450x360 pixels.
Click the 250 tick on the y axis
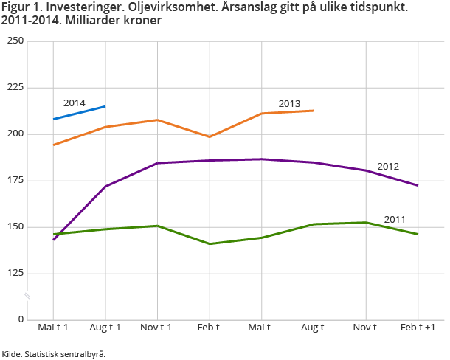[x=15, y=41]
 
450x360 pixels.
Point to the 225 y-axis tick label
[x=15, y=88]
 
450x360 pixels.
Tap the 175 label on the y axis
[x=15, y=181]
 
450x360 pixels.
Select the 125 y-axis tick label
[x=15, y=274]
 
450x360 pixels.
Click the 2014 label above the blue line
[x=75, y=103]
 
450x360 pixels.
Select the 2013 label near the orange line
[x=289, y=103]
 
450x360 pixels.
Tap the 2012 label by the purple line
[x=388, y=166]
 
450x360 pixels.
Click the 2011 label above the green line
[x=395, y=219]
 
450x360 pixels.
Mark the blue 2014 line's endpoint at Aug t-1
[x=105, y=106]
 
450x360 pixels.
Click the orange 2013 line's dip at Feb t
[x=210, y=136]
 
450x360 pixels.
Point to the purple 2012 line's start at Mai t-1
[x=54, y=240]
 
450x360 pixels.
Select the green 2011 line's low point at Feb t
[x=210, y=243]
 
